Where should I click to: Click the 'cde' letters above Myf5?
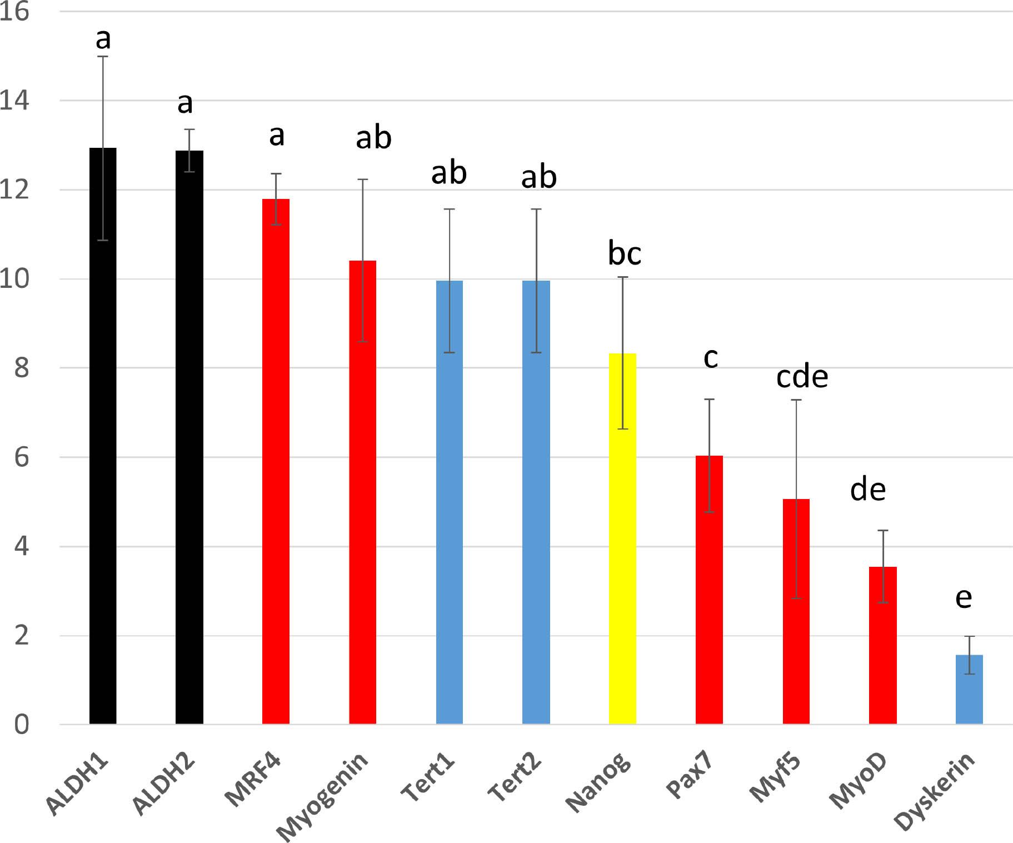[x=802, y=377]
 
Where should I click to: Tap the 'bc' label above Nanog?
[x=625, y=253]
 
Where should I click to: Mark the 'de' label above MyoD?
[x=867, y=490]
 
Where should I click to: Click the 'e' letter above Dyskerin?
[x=964, y=597]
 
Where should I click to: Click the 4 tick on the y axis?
[x=21, y=547]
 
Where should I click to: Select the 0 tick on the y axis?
[x=21, y=725]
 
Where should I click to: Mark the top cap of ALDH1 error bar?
[x=103, y=57]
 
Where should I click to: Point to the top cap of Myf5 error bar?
[x=796, y=400]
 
